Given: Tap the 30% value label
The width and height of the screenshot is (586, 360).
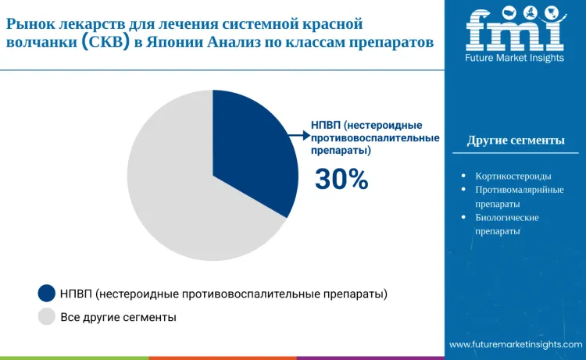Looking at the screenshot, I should [341, 180].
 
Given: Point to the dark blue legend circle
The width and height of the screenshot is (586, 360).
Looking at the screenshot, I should [47, 294].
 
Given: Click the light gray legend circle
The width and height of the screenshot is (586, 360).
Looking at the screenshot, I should [47, 317].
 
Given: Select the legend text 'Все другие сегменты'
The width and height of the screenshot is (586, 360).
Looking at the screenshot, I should [118, 317].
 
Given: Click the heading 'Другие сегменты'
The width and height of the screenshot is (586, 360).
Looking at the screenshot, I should [516, 141].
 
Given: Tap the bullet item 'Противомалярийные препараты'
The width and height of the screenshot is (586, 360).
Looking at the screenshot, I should [519, 196].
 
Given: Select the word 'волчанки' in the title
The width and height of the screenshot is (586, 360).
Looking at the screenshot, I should [41, 43].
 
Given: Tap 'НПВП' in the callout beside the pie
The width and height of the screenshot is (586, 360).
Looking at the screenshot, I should [327, 125].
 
